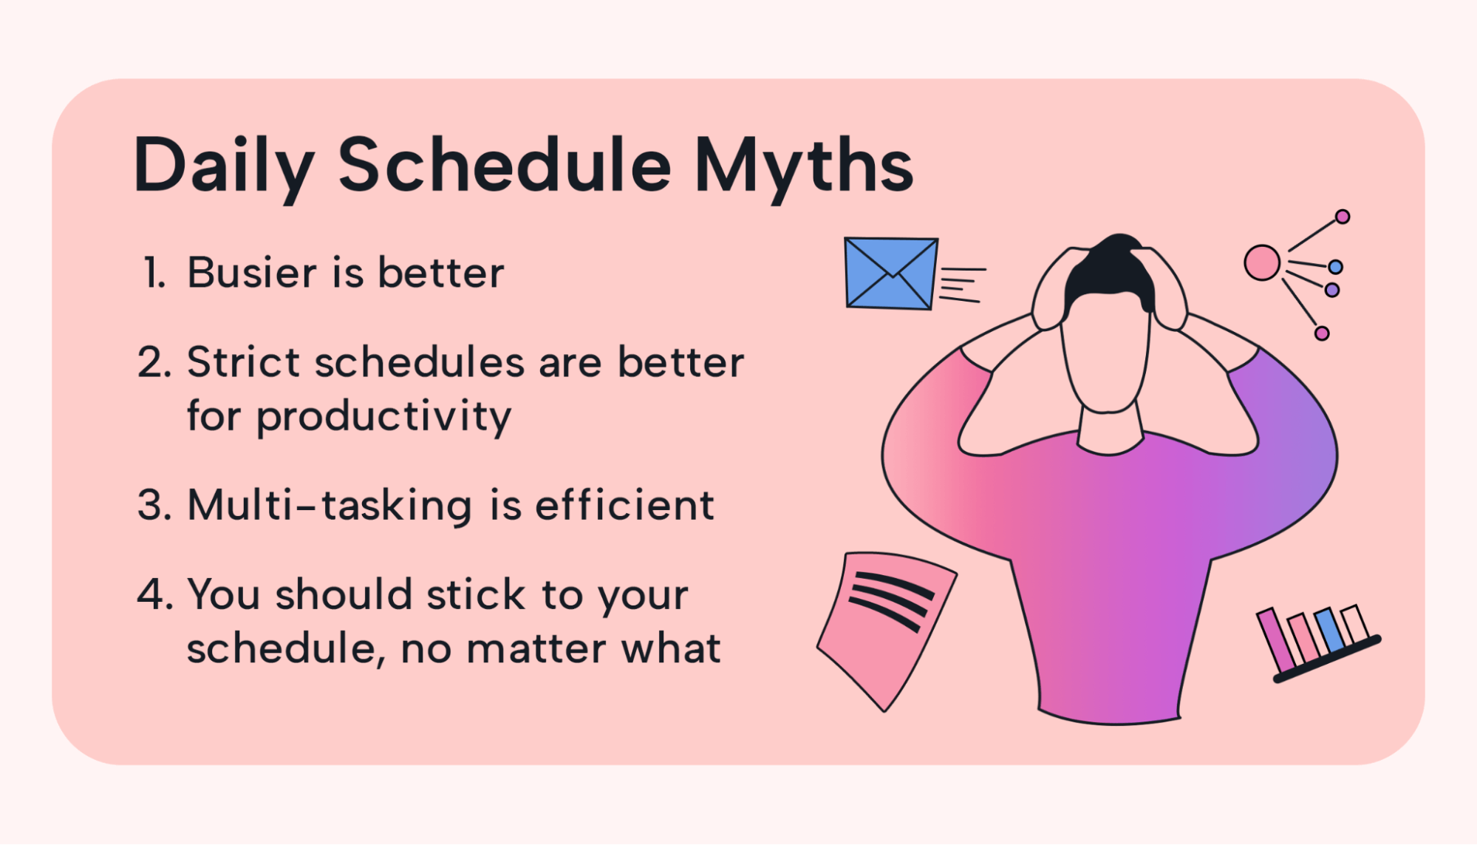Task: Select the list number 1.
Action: point(154,272)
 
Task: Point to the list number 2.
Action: point(154,362)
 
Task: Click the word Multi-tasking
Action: point(330,506)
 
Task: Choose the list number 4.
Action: point(154,594)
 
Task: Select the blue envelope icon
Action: point(891,273)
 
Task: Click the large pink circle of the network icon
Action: point(1262,262)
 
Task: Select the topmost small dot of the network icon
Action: point(1343,217)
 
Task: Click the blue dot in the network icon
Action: point(1335,267)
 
